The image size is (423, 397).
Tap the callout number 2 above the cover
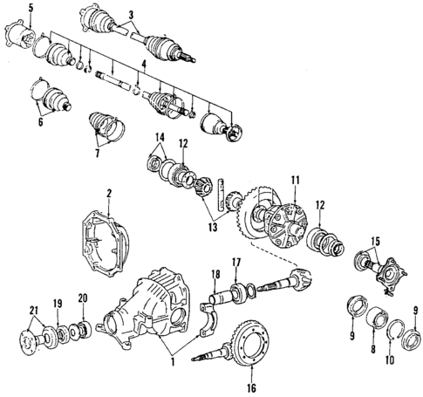point(109,192)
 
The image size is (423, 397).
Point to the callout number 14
point(157,137)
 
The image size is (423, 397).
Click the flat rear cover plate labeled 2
point(109,231)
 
